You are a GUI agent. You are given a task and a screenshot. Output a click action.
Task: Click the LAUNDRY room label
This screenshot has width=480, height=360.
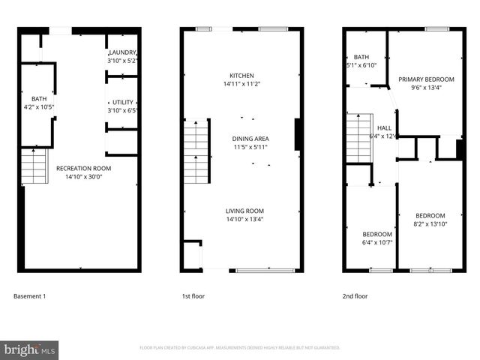[x=123, y=52]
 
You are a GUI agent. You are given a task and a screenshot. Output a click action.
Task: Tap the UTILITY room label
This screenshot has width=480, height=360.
[x=123, y=102]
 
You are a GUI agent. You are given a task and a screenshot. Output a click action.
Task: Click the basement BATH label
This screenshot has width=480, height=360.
[x=38, y=99]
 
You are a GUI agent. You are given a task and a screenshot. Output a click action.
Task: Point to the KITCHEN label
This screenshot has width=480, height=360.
[x=241, y=76]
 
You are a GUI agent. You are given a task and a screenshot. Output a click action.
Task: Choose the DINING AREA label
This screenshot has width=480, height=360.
[x=250, y=139]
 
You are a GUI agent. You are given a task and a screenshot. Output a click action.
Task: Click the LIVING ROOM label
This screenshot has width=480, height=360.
[x=244, y=211]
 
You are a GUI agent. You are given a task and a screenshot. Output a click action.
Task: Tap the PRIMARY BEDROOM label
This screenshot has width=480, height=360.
[x=426, y=79]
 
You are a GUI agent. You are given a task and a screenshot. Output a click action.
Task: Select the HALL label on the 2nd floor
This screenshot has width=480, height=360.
[x=384, y=128]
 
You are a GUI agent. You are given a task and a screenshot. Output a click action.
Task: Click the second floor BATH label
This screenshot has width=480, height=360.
[x=361, y=57]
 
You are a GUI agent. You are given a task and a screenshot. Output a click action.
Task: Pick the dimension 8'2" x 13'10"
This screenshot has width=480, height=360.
[x=430, y=223]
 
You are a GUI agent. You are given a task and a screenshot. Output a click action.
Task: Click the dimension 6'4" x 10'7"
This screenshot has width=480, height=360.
[x=373, y=241]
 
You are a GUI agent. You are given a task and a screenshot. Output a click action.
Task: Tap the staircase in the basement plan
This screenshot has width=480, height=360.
[x=34, y=166]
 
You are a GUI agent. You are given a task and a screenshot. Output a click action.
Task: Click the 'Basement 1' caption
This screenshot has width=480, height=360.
[x=30, y=296]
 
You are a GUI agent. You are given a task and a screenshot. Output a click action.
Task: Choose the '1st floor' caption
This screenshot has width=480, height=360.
[x=193, y=296]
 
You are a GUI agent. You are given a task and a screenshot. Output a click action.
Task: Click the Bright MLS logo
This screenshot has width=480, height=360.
[x=30, y=349]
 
